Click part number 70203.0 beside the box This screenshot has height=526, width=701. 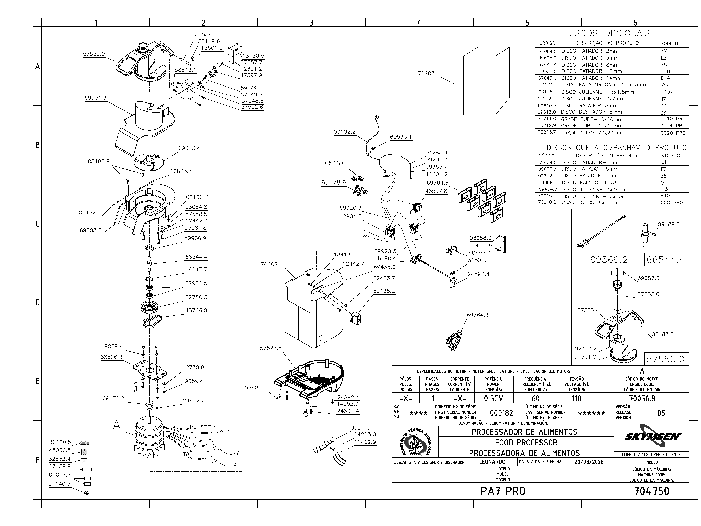pyautogui.click(x=429, y=74)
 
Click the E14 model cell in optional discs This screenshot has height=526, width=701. pyautogui.click(x=665, y=78)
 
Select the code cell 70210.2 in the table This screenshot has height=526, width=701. pyautogui.click(x=547, y=202)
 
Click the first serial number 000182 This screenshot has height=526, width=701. pyautogui.click(x=501, y=413)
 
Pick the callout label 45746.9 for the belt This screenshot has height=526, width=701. pyautogui.click(x=196, y=310)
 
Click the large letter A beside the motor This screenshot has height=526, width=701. pyautogui.click(x=117, y=426)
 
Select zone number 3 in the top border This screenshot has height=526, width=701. pyautogui.click(x=311, y=22)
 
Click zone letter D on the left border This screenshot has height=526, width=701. pyautogui.click(x=37, y=302)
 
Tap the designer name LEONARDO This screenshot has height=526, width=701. pyautogui.click(x=492, y=462)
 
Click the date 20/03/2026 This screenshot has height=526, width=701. pyautogui.click(x=589, y=462)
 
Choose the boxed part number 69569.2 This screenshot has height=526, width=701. pyautogui.click(x=608, y=260)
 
